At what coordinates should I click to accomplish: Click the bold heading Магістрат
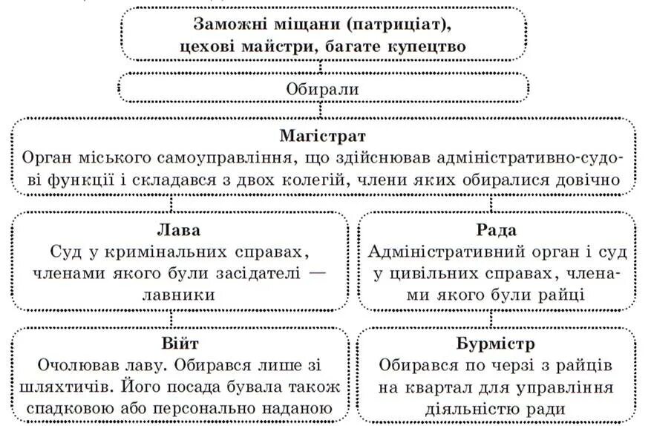click(x=323, y=137)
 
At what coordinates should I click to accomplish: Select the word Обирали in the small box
click(x=323, y=88)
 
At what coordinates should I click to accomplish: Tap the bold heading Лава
click(x=180, y=230)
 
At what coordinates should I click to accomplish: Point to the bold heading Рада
click(x=497, y=230)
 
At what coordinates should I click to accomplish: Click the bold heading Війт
click(x=180, y=344)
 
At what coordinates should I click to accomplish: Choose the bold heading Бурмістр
click(x=497, y=344)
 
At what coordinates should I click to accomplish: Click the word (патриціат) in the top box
click(x=394, y=24)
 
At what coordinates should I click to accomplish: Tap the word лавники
click(x=180, y=295)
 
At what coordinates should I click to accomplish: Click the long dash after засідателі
click(x=316, y=272)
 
